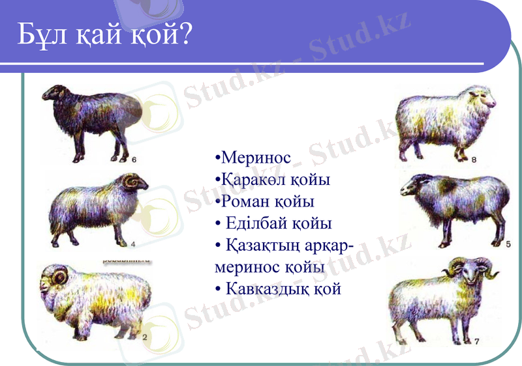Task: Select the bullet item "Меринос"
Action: pos(255,158)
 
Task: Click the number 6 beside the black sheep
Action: pos(134,158)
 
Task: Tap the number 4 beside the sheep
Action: pos(132,245)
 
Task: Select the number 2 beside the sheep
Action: pos(144,337)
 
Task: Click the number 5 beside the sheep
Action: pos(508,243)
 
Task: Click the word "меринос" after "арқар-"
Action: pos(249,267)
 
